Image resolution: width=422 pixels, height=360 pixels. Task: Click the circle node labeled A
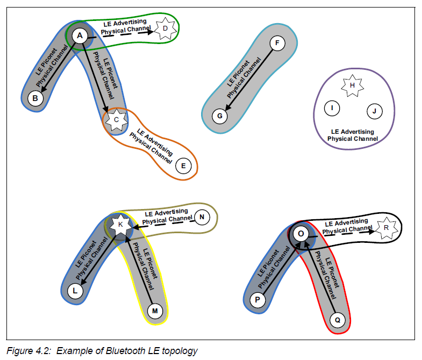[80, 36]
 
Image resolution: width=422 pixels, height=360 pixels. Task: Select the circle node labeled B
[35, 99]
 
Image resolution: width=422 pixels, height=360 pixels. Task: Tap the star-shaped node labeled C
[116, 119]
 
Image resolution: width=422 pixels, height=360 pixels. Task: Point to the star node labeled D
[165, 27]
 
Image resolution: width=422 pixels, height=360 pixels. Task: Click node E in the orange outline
[183, 166]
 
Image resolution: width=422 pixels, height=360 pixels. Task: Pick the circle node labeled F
[276, 43]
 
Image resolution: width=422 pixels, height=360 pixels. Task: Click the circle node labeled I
[332, 109]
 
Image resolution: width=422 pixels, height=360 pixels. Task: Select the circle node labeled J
[374, 112]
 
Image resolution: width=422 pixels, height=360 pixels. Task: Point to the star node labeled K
[120, 224]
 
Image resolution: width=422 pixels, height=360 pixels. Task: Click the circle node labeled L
[75, 291]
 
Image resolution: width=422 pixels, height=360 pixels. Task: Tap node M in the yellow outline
[155, 311]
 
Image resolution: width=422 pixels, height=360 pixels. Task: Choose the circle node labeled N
[202, 217]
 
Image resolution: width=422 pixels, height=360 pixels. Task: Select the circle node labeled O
[301, 234]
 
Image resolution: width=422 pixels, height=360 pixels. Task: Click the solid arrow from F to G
[248, 78]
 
